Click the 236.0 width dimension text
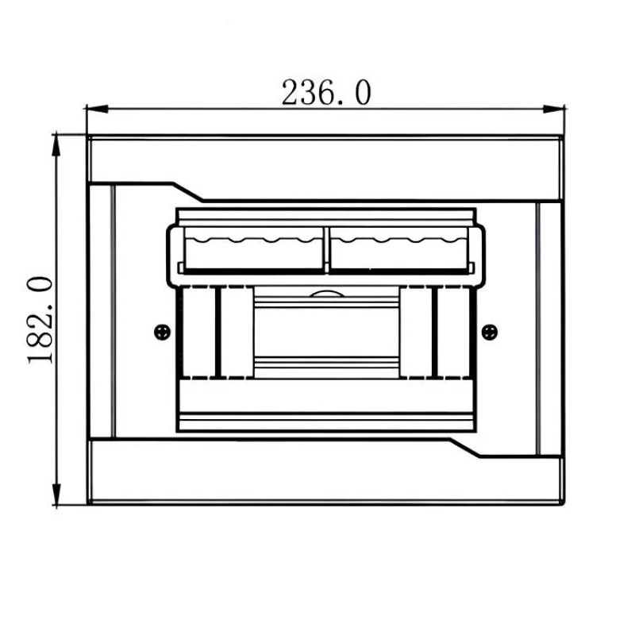click(x=326, y=93)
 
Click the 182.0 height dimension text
click(x=40, y=320)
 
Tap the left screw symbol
click(x=163, y=332)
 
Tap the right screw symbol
click(x=490, y=332)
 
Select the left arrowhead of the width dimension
click(x=97, y=109)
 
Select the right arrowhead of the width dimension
click(x=553, y=109)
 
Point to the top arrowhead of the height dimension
click(x=56, y=144)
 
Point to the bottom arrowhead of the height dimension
click(x=56, y=495)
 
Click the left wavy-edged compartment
click(x=254, y=249)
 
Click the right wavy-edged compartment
click(x=398, y=249)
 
